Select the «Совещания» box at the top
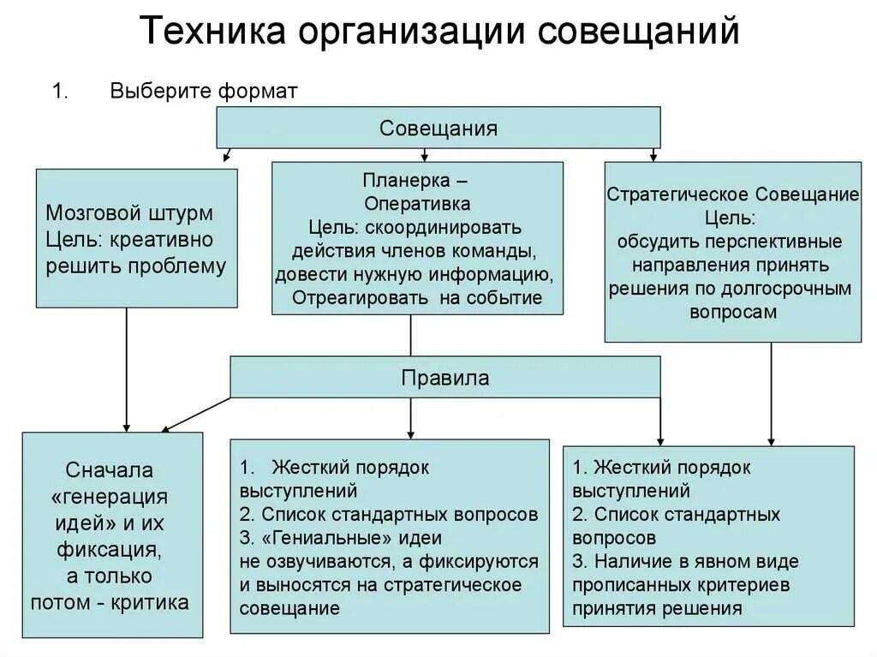tap(438, 128)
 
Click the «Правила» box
tap(445, 378)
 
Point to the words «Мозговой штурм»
tap(129, 212)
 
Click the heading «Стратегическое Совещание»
tap(733, 194)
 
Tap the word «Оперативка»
tap(417, 204)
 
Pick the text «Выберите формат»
tap(204, 93)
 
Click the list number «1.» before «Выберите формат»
tap(60, 93)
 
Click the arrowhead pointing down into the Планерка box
tap(425, 157)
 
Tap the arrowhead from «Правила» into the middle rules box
tap(411, 433)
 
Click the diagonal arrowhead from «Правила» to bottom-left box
tap(168, 428)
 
